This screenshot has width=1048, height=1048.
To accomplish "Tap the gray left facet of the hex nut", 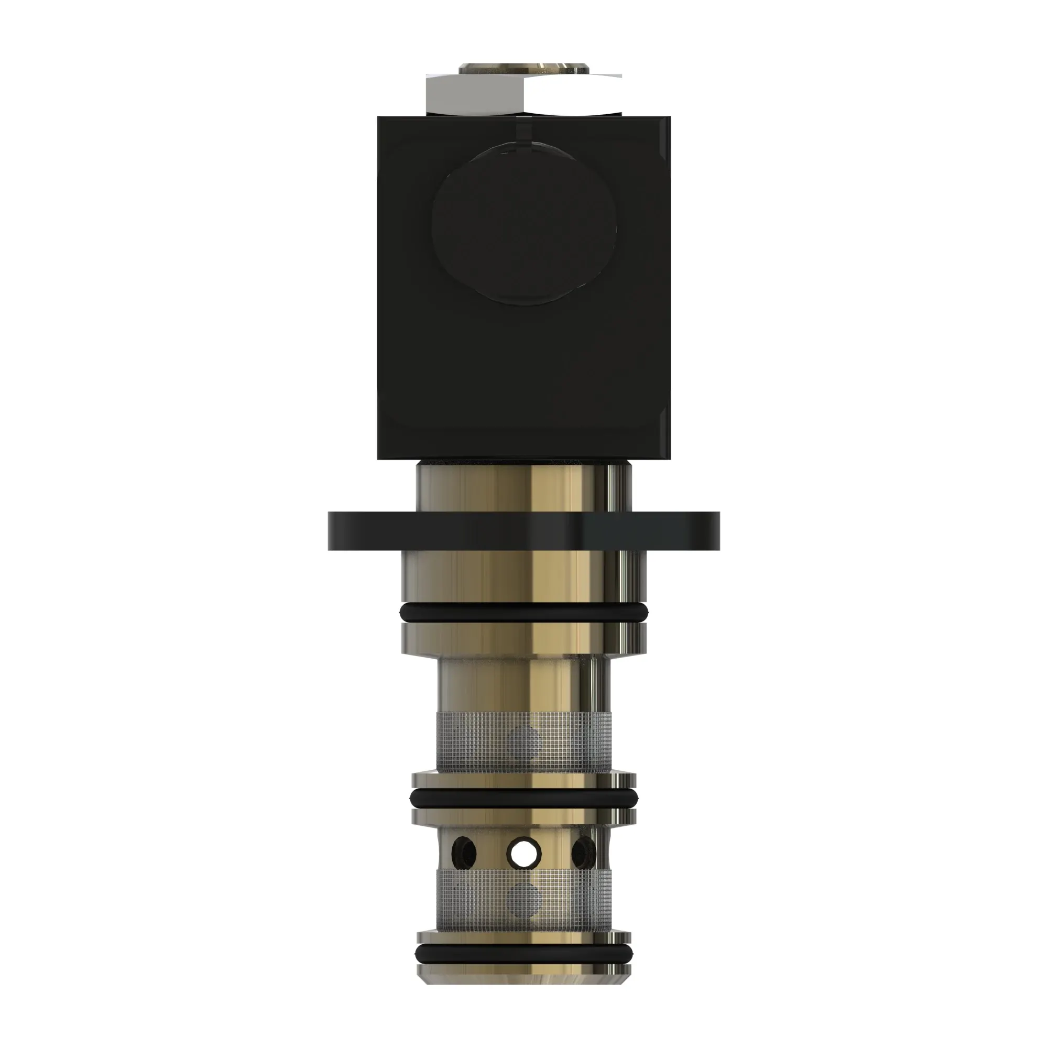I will pyautogui.click(x=475, y=94).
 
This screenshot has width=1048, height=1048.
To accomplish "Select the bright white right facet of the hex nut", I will pyautogui.click(x=572, y=94).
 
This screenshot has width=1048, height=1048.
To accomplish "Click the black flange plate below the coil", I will pyautogui.click(x=523, y=530).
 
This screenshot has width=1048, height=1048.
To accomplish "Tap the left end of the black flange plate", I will pyautogui.click(x=339, y=530).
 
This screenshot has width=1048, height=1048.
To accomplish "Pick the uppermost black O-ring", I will pyautogui.click(x=523, y=613).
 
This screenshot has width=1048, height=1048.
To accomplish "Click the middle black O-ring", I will pyautogui.click(x=523, y=796).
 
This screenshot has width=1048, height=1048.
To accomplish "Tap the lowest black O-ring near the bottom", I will pyautogui.click(x=523, y=953).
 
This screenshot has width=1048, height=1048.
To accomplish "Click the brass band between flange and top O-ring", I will pyautogui.click(x=523, y=575).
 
